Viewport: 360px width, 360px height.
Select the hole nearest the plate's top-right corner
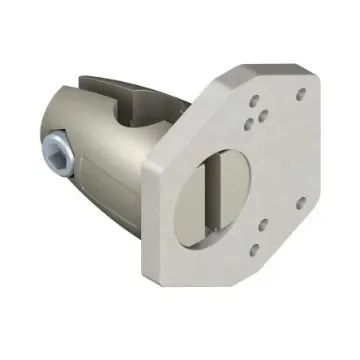[x=301, y=95]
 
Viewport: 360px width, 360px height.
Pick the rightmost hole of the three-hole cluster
[x=263, y=115]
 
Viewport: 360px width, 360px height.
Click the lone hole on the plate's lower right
[x=300, y=203]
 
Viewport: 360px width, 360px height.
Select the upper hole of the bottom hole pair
[x=261, y=227]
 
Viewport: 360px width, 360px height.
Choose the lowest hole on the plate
[x=254, y=249]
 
